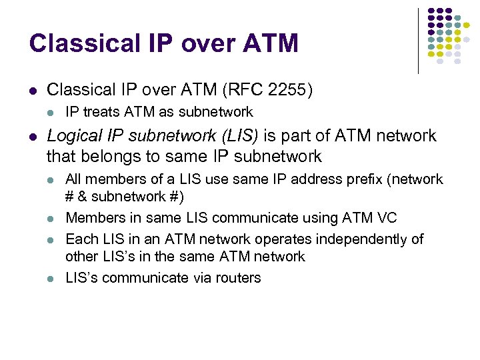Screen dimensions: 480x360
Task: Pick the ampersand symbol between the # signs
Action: pyautogui.click(x=83, y=197)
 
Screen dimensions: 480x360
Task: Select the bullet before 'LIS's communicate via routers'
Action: pyautogui.click(x=52, y=278)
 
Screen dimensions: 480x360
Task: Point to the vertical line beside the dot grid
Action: pyautogui.click(x=418, y=40)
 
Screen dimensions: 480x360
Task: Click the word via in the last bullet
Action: pyautogui.click(x=197, y=277)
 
